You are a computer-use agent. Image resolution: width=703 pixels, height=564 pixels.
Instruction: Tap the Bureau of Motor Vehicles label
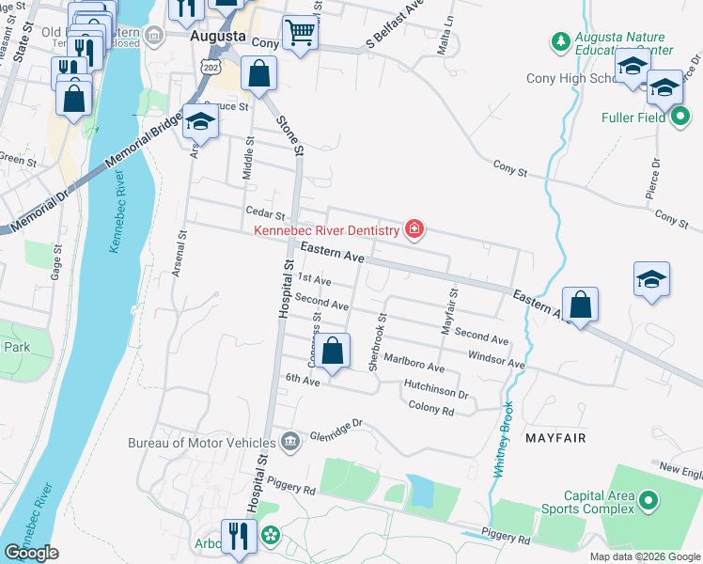(204, 442)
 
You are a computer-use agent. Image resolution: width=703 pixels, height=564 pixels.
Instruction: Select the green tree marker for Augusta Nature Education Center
(560, 41)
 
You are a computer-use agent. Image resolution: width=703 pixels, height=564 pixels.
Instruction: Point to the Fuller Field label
(635, 118)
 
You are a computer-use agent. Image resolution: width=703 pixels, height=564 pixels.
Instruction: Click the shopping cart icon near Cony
(300, 34)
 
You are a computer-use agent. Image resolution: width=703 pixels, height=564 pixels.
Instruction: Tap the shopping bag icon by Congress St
(332, 352)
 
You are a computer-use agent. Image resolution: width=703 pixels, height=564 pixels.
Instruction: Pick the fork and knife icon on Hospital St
(239, 537)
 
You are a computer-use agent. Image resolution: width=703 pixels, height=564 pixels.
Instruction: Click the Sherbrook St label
(378, 341)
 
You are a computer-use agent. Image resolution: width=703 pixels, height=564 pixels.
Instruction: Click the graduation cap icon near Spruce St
(199, 120)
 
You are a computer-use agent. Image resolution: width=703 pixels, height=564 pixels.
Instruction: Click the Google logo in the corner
(32, 553)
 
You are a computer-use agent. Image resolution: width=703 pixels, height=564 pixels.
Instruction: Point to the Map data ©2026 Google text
(644, 556)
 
